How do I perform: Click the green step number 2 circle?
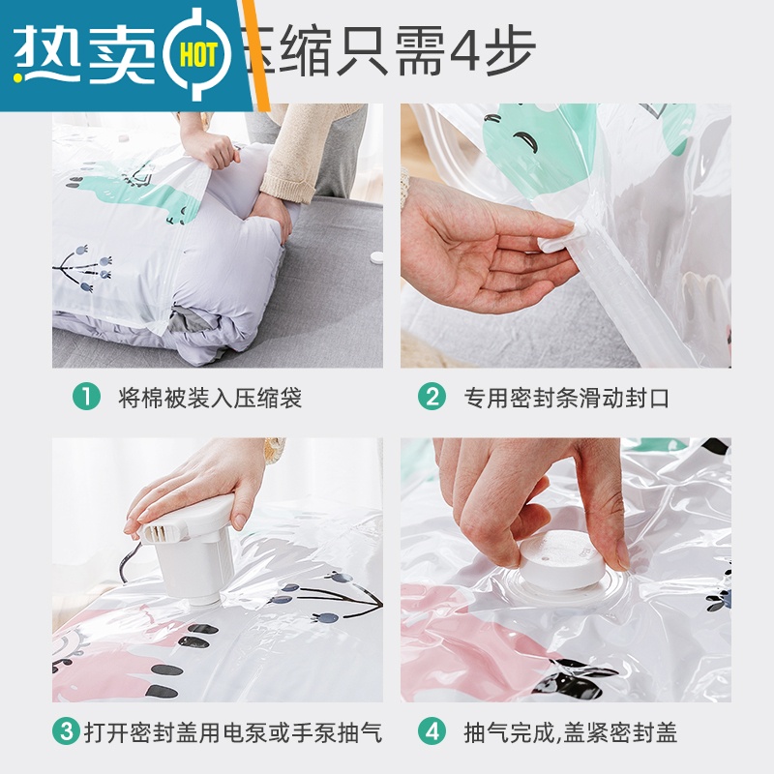tap(432, 397)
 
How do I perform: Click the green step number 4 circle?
tap(432, 732)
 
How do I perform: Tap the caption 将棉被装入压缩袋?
tap(210, 398)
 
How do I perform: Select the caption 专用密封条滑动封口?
tap(566, 398)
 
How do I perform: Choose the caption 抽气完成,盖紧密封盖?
tap(571, 732)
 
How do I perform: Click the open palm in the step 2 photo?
tap(474, 242)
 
